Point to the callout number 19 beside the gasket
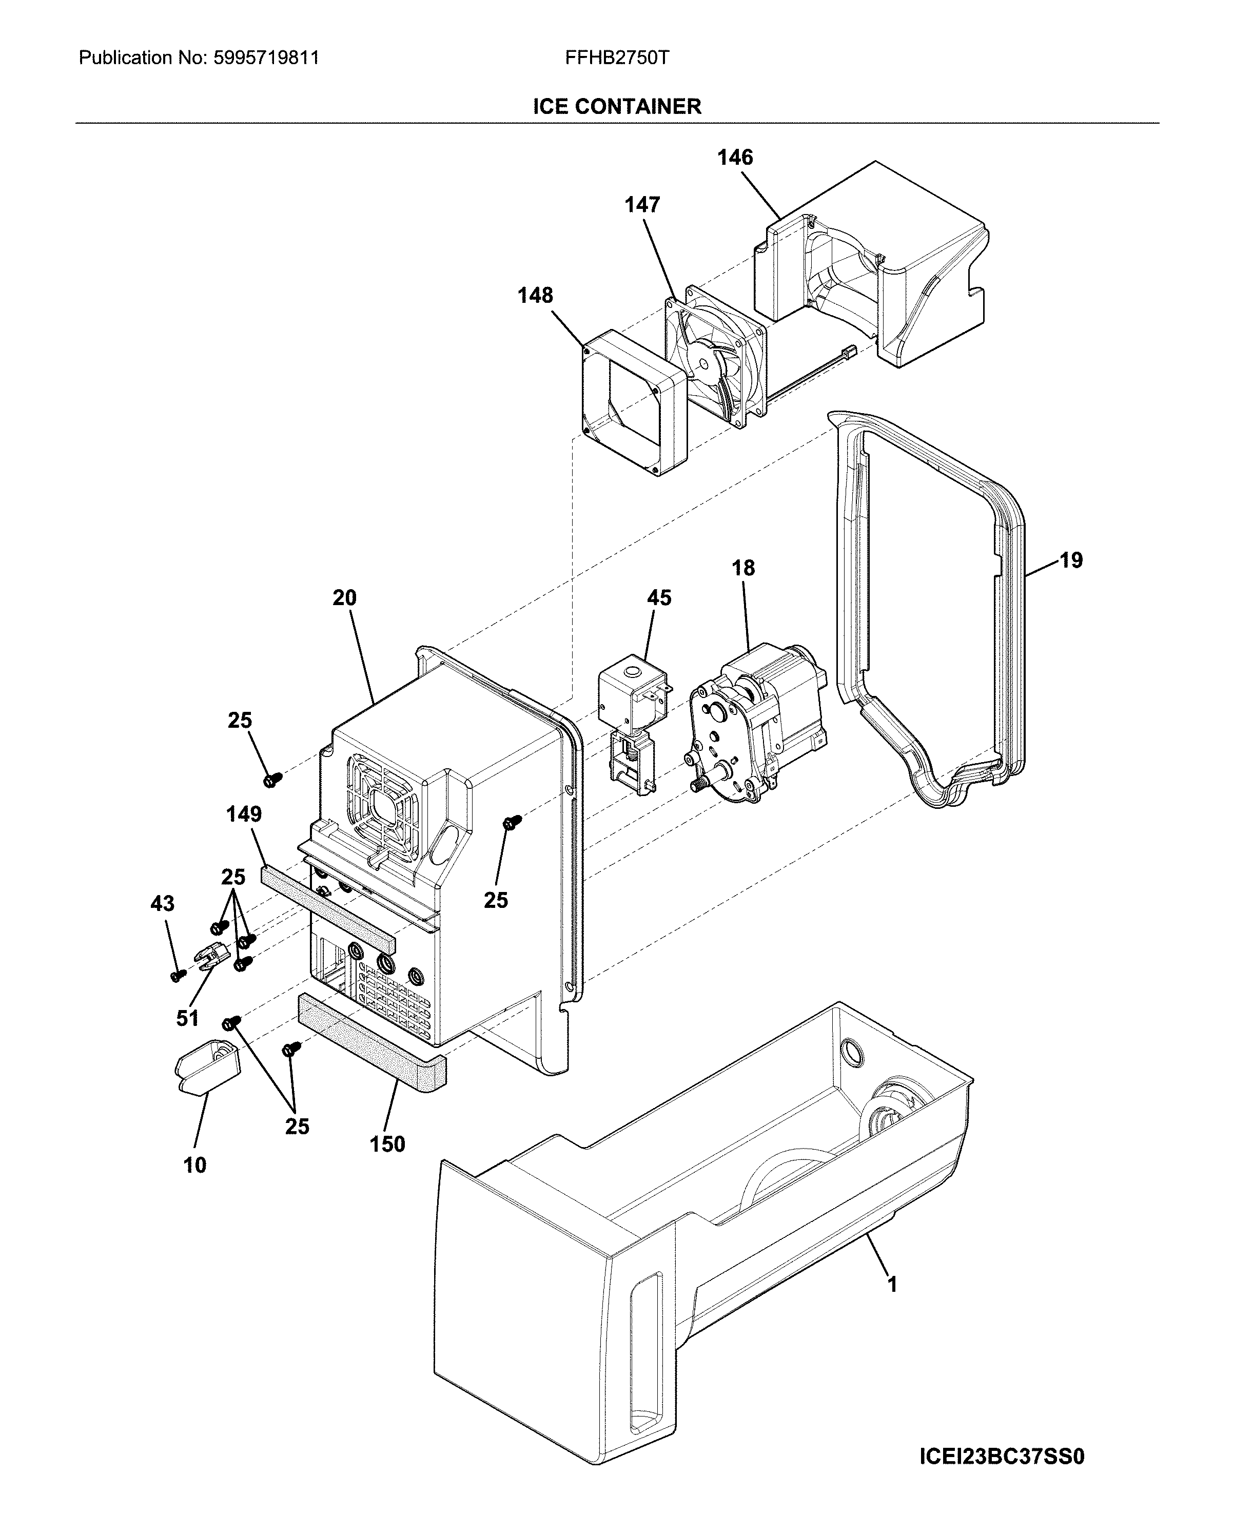(x=1071, y=560)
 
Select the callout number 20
(x=344, y=598)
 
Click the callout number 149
(x=244, y=814)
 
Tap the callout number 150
(x=387, y=1145)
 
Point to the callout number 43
(x=162, y=903)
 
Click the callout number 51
(x=187, y=1019)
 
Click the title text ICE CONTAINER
(x=617, y=107)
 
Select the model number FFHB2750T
(x=617, y=57)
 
